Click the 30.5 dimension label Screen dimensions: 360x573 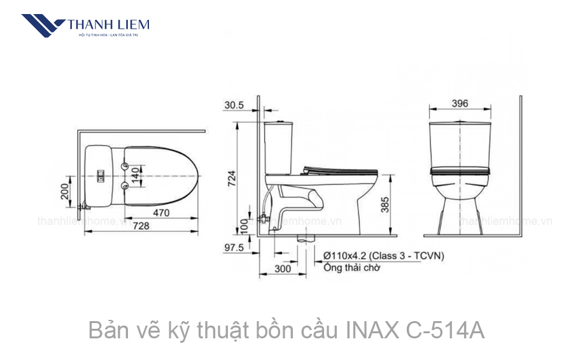tap(234, 105)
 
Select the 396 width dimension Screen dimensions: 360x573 tap(460, 103)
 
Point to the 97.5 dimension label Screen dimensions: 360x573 tap(234, 247)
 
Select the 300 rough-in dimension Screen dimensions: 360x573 tap(282, 269)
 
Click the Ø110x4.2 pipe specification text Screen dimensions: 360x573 tap(383, 256)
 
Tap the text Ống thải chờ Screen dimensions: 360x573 tap(351, 268)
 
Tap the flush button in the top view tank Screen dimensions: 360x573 tap(99, 175)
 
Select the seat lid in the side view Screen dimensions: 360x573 tap(340, 169)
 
